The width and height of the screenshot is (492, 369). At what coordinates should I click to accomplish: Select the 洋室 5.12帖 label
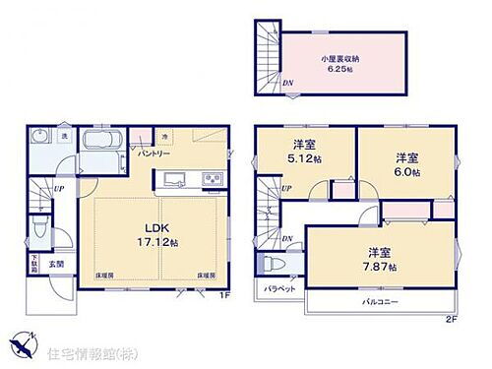pos(300,161)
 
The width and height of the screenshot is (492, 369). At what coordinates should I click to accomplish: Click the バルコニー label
pos(379,303)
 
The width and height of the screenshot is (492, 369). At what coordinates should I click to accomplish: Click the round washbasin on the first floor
pos(38,138)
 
